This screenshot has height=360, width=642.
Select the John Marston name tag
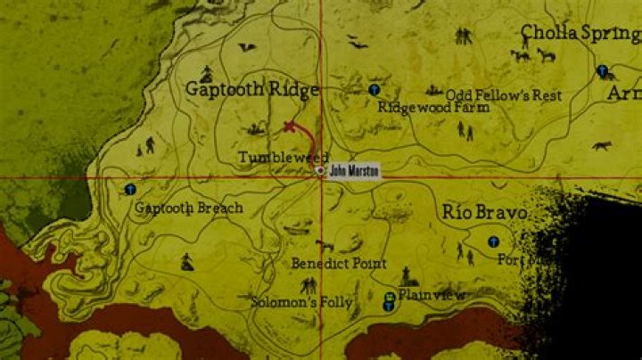tap(354, 169)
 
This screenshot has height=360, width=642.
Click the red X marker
tap(288, 127)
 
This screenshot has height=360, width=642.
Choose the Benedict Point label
tap(339, 264)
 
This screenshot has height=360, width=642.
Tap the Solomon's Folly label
tap(301, 302)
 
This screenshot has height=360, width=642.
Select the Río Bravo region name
tap(483, 212)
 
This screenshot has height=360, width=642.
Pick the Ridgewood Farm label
tap(433, 107)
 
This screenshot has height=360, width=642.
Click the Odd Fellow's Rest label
tap(504, 94)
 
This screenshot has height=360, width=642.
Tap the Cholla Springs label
tap(580, 34)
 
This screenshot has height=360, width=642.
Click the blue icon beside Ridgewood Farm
tap(374, 90)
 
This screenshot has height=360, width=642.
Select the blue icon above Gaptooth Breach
tap(131, 189)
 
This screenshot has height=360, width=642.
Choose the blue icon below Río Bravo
tap(493, 241)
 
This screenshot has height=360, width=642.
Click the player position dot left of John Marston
tap(321, 170)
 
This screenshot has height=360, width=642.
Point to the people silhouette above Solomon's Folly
tap(309, 285)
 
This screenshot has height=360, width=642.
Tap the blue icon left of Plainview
tap(389, 301)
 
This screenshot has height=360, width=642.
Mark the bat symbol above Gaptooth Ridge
tap(245, 46)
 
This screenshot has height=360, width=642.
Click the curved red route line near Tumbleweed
tap(309, 137)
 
